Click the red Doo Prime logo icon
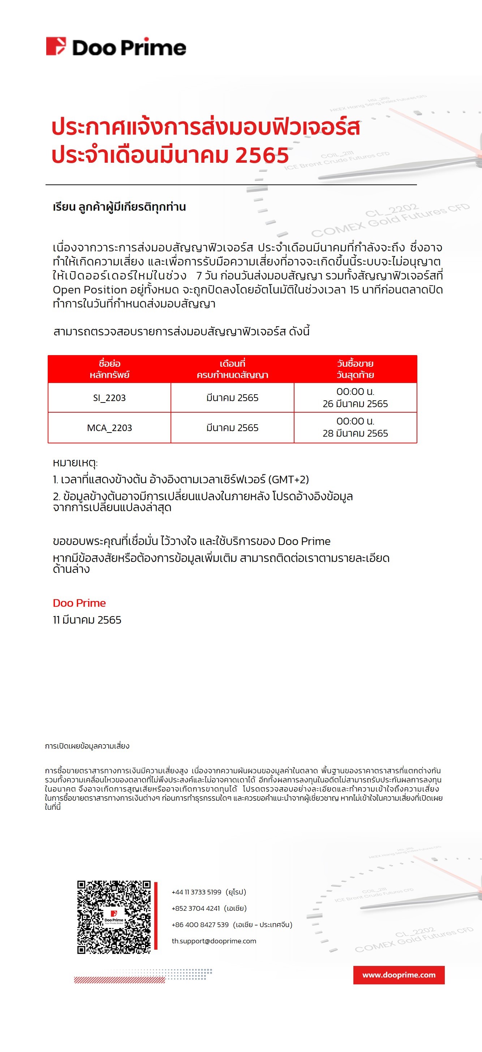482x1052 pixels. click(x=56, y=46)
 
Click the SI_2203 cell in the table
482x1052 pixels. click(x=109, y=398)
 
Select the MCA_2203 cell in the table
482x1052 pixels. click(x=109, y=427)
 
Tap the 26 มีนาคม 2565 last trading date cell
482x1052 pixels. click(x=355, y=398)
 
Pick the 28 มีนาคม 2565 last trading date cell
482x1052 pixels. click(x=355, y=427)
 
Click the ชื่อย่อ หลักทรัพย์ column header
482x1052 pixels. click(x=109, y=369)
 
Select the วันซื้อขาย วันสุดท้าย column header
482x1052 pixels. click(x=355, y=369)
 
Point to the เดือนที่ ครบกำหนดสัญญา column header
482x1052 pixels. click(x=232, y=369)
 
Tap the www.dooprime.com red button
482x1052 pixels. click(x=399, y=975)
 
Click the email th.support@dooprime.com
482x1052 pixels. click(x=214, y=941)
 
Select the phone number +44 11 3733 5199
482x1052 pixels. click(x=196, y=892)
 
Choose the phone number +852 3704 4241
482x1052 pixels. click(x=195, y=908)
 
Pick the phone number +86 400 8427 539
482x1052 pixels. click(x=200, y=925)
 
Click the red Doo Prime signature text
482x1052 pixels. click(x=79, y=603)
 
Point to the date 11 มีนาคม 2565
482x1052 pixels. click(x=87, y=620)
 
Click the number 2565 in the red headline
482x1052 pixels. click(x=262, y=155)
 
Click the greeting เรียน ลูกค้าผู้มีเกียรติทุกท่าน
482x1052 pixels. click(x=119, y=206)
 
